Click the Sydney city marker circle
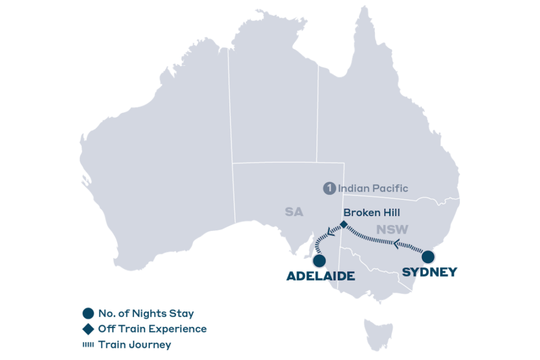(428, 257)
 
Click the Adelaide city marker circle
(319, 261)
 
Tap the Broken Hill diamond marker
(344, 225)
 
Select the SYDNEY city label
(430, 273)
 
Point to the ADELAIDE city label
(320, 276)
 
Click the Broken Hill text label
(371, 213)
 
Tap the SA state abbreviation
(294, 212)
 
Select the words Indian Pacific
(373, 188)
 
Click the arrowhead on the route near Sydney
(398, 244)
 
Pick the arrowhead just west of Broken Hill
(331, 230)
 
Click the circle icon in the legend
(89, 313)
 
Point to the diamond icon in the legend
(89, 329)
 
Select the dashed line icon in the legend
(89, 345)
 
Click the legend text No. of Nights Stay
(146, 313)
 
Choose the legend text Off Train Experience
(152, 329)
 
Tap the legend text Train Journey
(134, 345)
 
